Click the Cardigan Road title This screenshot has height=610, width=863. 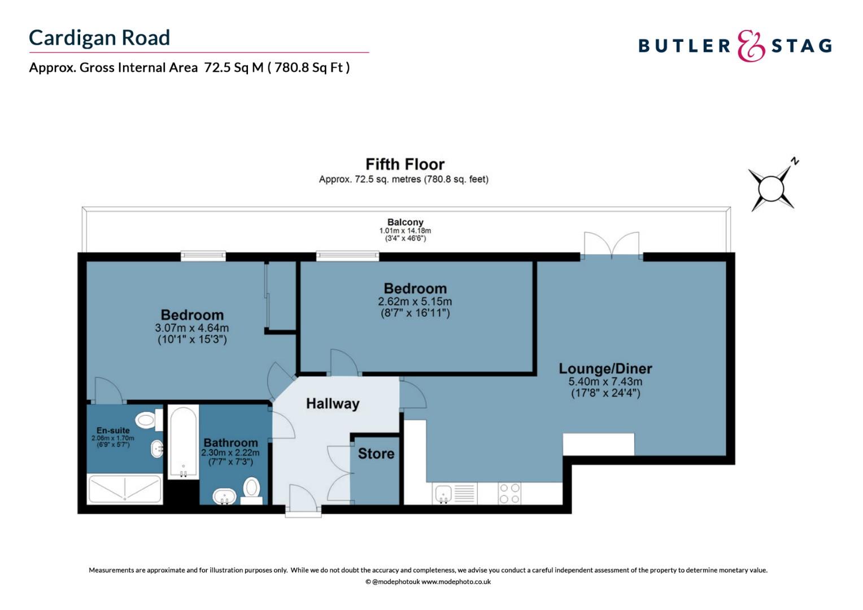pos(99,38)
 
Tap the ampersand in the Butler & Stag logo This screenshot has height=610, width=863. pos(751,46)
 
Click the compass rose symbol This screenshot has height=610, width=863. pos(772,187)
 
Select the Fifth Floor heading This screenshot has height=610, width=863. pos(405,164)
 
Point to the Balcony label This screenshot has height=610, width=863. pos(405,223)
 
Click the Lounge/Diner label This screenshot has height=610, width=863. pos(605,369)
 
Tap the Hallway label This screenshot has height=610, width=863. pos(333,404)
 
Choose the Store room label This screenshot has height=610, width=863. pos(376,454)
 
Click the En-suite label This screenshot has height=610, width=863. pos(113,430)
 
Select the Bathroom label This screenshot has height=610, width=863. pos(230,443)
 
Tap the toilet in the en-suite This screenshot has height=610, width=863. pos(147,420)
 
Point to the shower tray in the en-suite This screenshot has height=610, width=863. pos(124,489)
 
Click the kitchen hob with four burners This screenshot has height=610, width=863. pos(509,494)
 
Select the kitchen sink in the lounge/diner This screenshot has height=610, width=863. pos(443,494)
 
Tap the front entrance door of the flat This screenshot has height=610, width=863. pos(303,500)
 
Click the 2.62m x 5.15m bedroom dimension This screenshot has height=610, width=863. pos(415,302)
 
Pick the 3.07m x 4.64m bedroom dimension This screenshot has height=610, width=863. pos(192,328)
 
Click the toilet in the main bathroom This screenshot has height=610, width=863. pos(251,489)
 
